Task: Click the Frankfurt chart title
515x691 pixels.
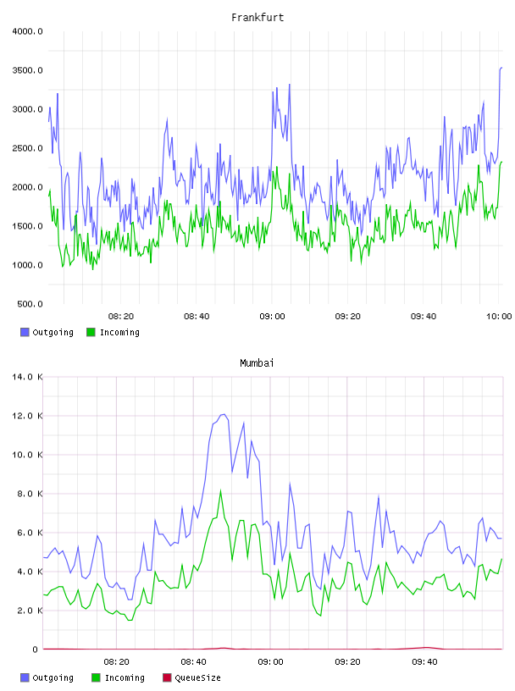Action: pyautogui.click(x=257, y=18)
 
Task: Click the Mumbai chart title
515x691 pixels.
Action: pyautogui.click(x=257, y=363)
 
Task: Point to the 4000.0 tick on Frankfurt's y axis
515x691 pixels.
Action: pyautogui.click(x=27, y=31)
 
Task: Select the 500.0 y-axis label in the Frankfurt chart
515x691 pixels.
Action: pyautogui.click(x=30, y=304)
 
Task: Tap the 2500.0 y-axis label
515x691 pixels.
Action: pyautogui.click(x=27, y=148)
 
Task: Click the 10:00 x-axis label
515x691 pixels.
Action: pyautogui.click(x=499, y=316)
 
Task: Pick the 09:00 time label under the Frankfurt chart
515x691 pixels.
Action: pyautogui.click(x=272, y=316)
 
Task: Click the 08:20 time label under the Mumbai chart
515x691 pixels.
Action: pyautogui.click(x=116, y=661)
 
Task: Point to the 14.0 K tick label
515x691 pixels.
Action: pyautogui.click(x=27, y=377)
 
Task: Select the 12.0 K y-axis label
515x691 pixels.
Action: pyautogui.click(x=27, y=416)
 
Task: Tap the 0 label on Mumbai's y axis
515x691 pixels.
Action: pyautogui.click(x=35, y=650)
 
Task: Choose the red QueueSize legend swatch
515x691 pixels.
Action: pyautogui.click(x=167, y=677)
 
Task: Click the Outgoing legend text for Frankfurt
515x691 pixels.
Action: pyautogui.click(x=53, y=332)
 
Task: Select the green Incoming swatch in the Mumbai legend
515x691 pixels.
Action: pyautogui.click(x=96, y=677)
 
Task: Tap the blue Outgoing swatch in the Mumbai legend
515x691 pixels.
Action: pyautogui.click(x=25, y=677)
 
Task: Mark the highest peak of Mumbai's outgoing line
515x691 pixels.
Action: pyautogui.click(x=224, y=414)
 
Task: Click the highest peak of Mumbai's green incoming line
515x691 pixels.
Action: pyautogui.click(x=220, y=490)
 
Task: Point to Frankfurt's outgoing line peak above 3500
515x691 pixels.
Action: pyautogui.click(x=501, y=68)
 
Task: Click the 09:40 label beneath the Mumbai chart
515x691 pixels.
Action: pyautogui.click(x=424, y=661)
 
